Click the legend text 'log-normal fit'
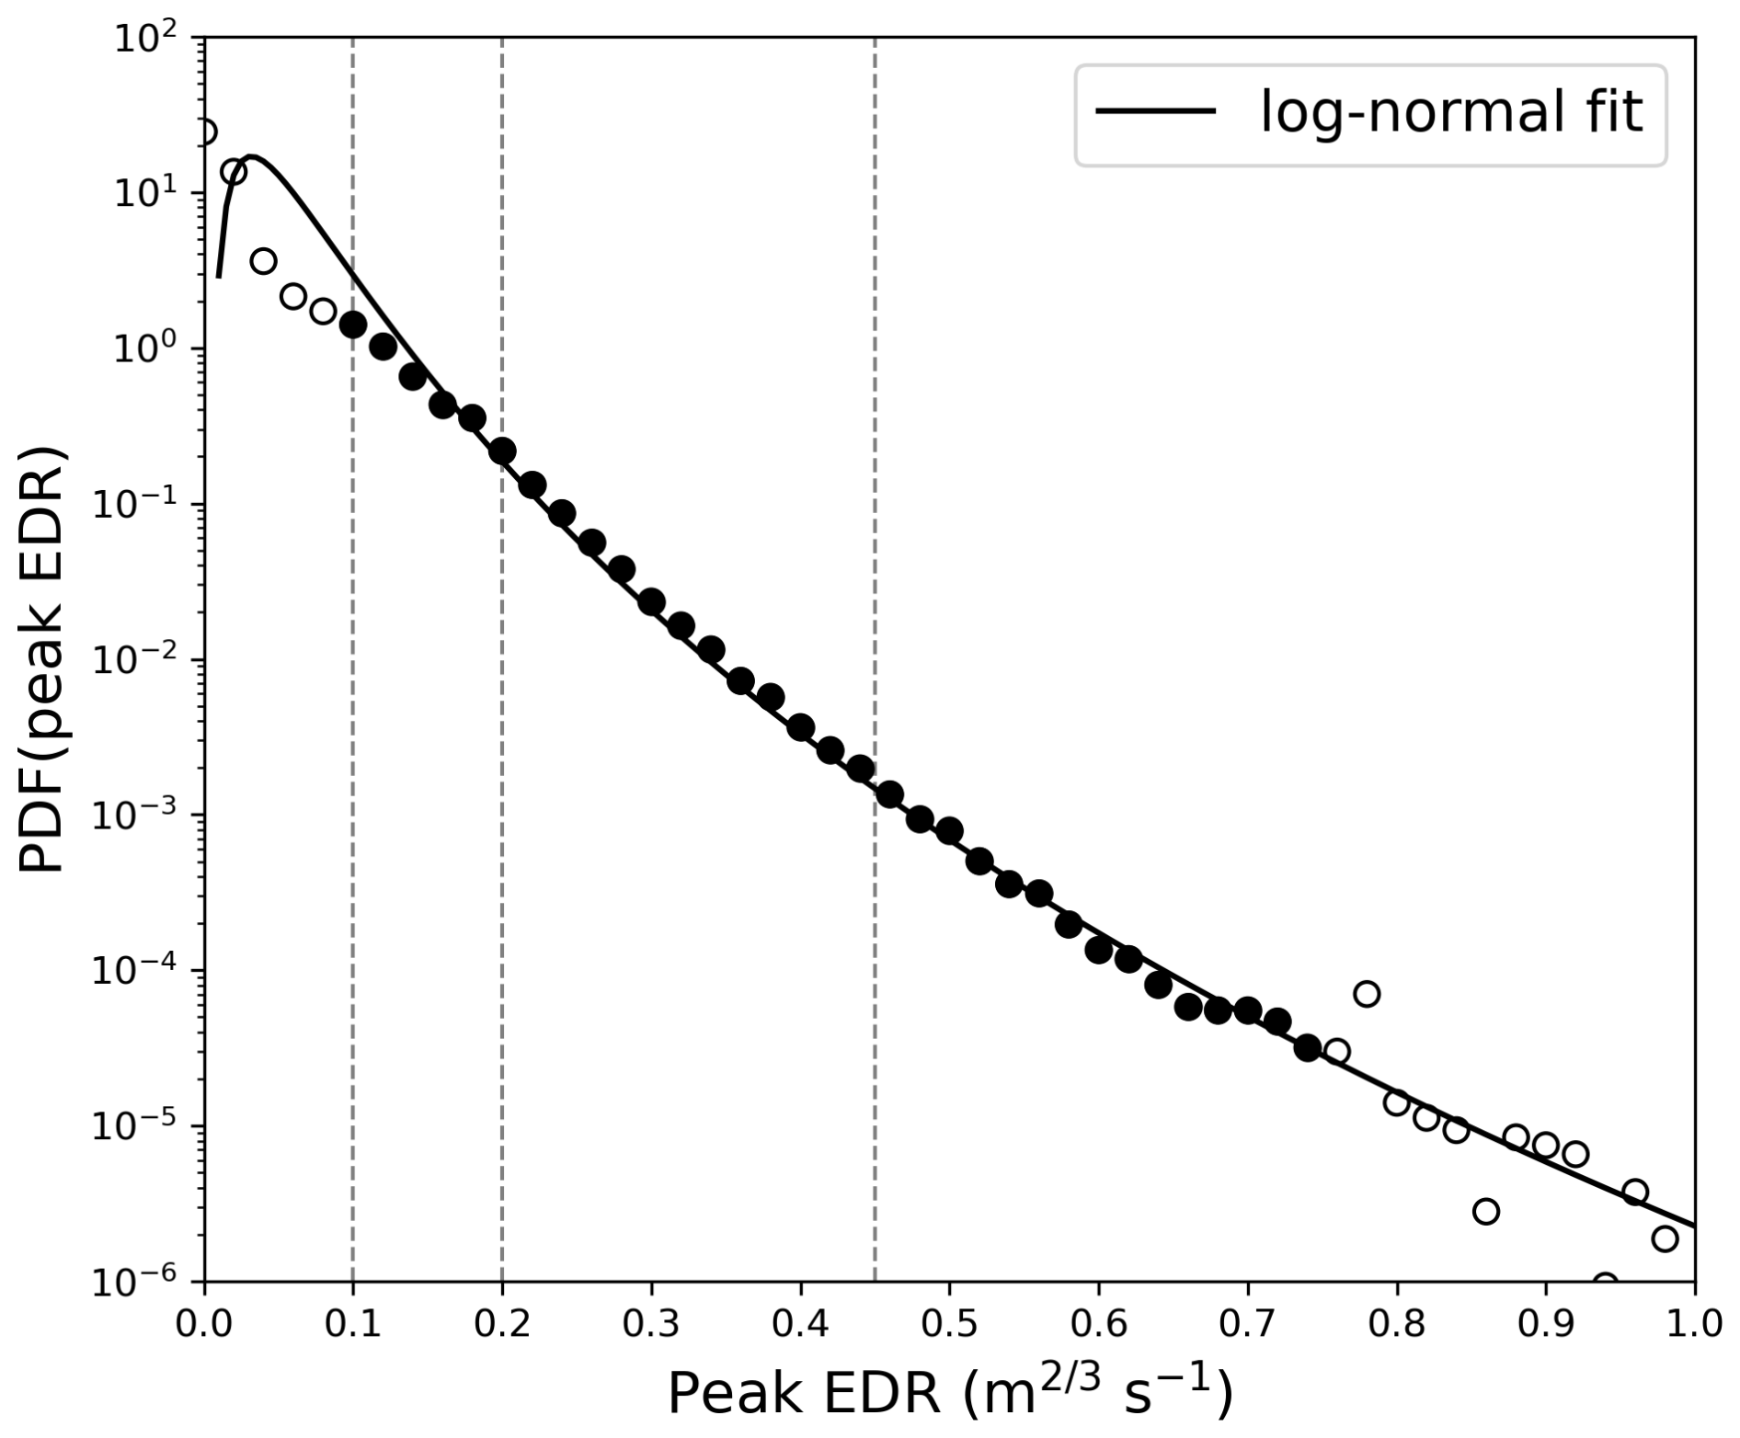pos(1450,114)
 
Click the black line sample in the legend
pos(1156,111)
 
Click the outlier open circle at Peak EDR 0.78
pos(1367,994)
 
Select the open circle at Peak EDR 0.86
pos(1486,1211)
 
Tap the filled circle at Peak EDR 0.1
pos(353,324)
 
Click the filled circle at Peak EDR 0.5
pos(949,831)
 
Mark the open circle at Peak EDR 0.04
pos(263,261)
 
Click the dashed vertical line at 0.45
pos(875,552)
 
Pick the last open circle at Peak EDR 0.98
pos(1665,1238)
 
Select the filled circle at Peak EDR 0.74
pos(1307,1047)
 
